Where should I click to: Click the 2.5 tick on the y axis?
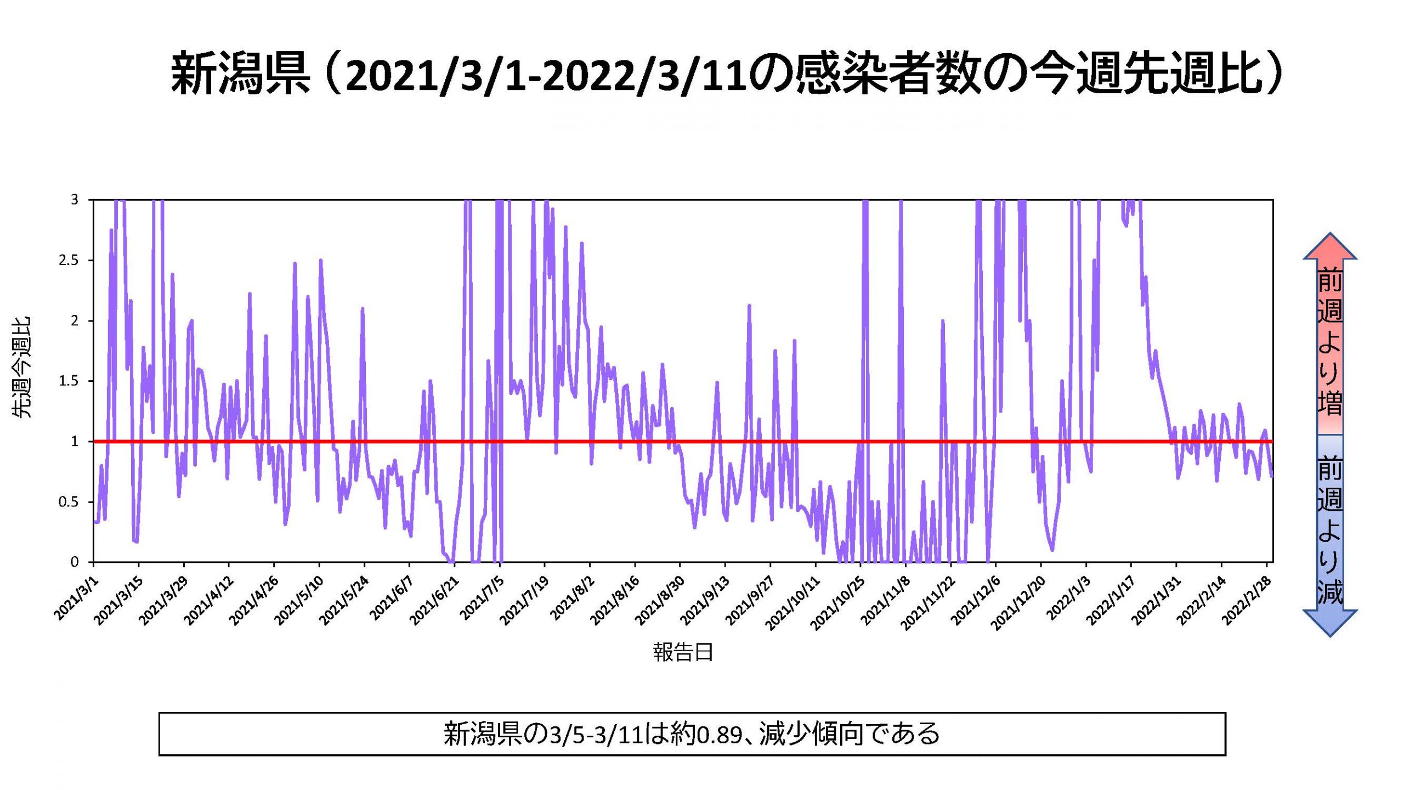click(x=69, y=260)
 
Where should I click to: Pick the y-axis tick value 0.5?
click(x=69, y=502)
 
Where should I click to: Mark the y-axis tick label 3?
click(x=75, y=200)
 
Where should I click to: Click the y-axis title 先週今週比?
click(x=22, y=368)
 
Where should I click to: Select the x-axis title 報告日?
click(x=683, y=652)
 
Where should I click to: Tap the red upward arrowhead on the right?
click(x=1330, y=247)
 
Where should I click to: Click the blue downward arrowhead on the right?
click(x=1330, y=623)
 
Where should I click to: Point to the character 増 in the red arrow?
click(x=1330, y=403)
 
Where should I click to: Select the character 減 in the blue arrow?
click(x=1330, y=591)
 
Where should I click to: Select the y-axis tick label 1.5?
click(x=69, y=381)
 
